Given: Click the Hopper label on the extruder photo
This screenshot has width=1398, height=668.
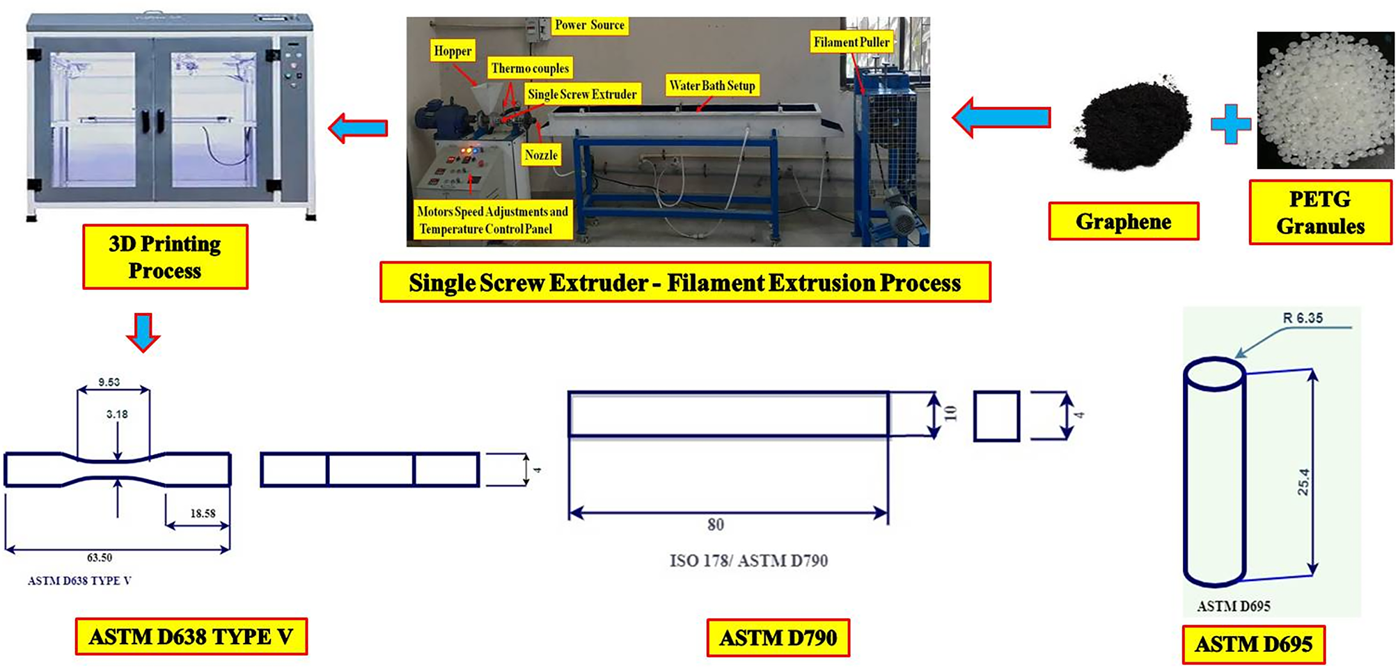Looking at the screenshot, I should coord(453,51).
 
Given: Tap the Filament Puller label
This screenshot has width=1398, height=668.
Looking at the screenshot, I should coord(851,42).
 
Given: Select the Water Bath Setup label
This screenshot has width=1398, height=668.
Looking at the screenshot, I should coord(712,86).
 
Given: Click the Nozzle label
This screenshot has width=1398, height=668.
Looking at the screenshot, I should coord(541,154).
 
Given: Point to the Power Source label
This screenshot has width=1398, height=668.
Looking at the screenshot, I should coord(589,25).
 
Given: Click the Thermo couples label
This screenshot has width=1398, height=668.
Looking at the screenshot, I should coord(530,68).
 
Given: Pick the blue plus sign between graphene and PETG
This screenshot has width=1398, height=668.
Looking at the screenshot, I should coord(1230,124).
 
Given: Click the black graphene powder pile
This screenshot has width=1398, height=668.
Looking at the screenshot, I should coord(1131,125).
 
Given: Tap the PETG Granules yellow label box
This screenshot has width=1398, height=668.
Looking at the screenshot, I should coord(1320,212).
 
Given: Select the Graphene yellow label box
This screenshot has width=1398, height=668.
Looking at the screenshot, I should coord(1123,221).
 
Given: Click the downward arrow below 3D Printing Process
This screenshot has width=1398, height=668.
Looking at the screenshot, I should coord(143,333).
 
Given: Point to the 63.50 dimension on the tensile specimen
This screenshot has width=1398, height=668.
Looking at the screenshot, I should coord(100,557).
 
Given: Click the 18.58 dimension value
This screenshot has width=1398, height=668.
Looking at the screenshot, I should coord(203,514).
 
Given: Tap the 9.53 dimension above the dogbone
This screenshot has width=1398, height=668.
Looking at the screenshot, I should coord(109,382).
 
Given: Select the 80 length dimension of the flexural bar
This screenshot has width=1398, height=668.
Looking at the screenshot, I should coord(716,525).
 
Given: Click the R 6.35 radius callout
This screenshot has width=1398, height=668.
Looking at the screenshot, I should coord(1302,318).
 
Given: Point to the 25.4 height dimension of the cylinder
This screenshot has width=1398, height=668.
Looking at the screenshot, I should coord(1303,482).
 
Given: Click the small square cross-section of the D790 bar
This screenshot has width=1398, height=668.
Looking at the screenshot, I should coord(996,416).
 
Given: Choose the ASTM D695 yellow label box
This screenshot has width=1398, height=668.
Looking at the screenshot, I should coord(1253,644).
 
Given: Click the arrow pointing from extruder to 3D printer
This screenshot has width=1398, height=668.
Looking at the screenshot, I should coord(358,128).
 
